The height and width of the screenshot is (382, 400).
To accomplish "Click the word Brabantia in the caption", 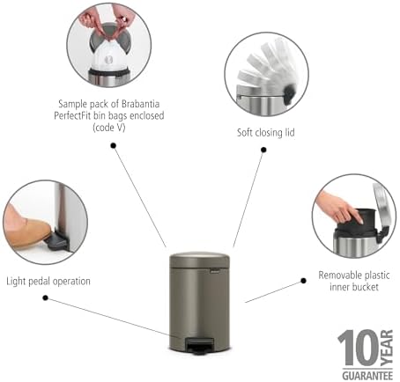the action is (x=140, y=104).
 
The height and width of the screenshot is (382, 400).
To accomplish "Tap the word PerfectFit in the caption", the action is (x=72, y=115).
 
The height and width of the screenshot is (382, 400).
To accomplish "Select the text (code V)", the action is (x=109, y=128).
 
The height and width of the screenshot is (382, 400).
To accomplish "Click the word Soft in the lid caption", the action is (x=244, y=133).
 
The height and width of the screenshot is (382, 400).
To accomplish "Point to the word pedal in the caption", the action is (x=39, y=282).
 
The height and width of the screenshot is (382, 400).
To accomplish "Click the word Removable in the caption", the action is (x=336, y=275).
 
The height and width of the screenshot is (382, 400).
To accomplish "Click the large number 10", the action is (x=359, y=348).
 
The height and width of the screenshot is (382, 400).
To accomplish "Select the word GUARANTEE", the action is (x=367, y=375).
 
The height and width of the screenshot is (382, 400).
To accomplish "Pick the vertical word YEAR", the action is (x=387, y=348).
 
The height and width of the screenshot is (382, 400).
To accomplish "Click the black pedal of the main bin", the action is (x=200, y=345).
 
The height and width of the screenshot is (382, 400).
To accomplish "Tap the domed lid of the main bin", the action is (x=200, y=260).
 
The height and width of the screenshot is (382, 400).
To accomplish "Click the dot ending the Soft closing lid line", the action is (x=263, y=150).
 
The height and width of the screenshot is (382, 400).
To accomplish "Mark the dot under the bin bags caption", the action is (x=114, y=145).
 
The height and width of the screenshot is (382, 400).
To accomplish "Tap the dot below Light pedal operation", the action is (x=45, y=298).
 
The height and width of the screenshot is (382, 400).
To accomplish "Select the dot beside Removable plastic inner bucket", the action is (x=304, y=281).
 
